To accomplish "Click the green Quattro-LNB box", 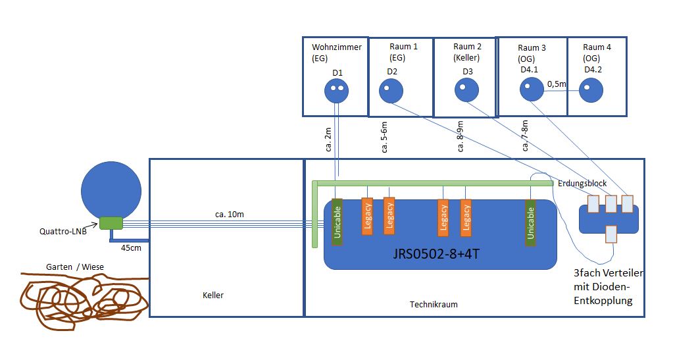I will (x=111, y=223).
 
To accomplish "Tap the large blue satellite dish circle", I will (x=111, y=190).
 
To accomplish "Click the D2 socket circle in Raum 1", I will (x=391, y=90).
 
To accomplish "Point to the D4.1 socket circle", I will (x=532, y=90).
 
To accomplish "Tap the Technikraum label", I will (x=433, y=304).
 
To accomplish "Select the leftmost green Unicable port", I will (x=337, y=222).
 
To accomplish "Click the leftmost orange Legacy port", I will (x=367, y=217).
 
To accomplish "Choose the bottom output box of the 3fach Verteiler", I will (x=611, y=234).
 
